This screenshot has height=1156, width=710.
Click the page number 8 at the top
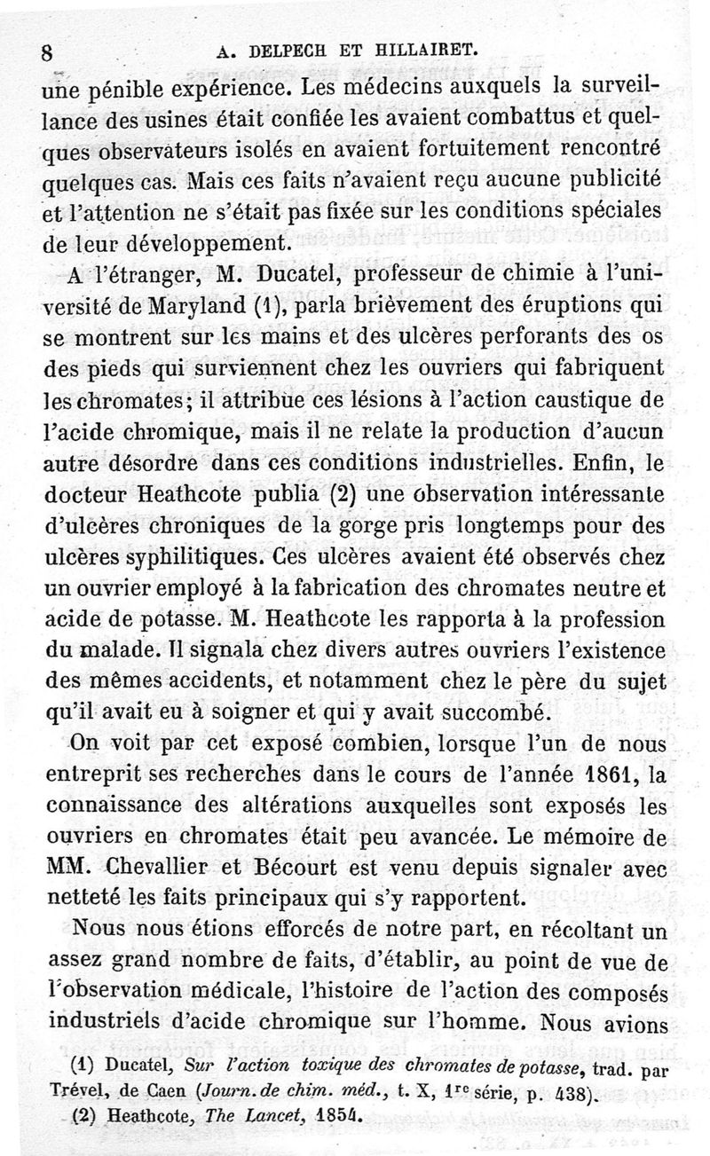click(x=47, y=51)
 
